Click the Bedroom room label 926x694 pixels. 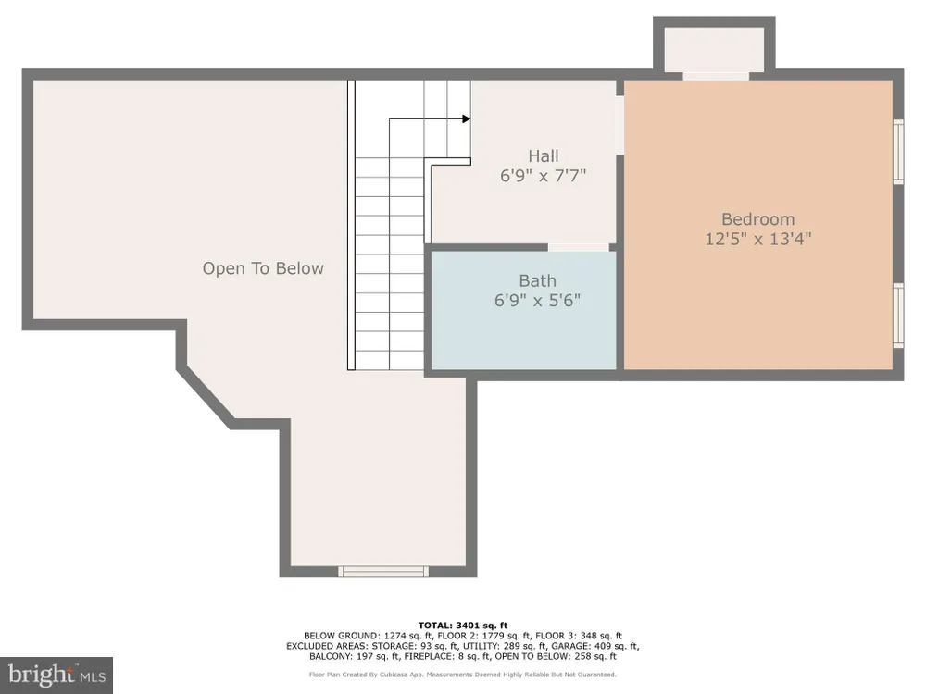coord(757,219)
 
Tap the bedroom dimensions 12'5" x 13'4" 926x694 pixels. coord(758,239)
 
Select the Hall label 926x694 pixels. coord(544,155)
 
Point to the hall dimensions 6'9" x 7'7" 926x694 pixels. coord(544,175)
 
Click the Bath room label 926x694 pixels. coord(537,281)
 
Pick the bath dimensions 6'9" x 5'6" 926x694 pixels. coord(537,301)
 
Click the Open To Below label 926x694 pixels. coord(263,268)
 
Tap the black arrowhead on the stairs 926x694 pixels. coord(467,119)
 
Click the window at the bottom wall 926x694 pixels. coord(383,571)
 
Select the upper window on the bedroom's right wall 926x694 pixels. coord(898,153)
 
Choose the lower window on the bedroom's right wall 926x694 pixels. coord(898,316)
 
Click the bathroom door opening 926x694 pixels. coord(578,247)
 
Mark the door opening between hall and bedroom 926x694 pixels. coord(620,125)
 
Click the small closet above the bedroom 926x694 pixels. coord(715,49)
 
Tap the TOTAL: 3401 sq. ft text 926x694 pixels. coord(463,626)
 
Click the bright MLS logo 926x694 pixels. coord(56,675)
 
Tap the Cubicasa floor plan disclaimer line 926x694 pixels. coord(463,675)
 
